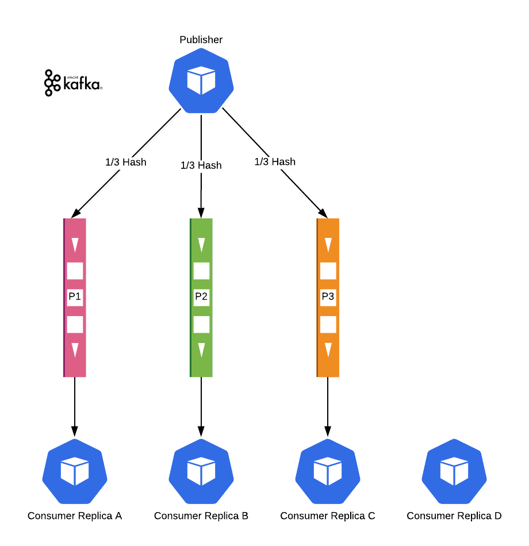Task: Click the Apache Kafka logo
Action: pos(73,83)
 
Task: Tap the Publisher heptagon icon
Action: pos(201,81)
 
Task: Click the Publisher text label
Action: pos(201,40)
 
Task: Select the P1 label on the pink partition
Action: pos(75,297)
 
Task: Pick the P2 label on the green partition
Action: pos(201,297)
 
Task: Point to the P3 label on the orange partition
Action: pos(328,297)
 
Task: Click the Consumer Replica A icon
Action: pos(75,471)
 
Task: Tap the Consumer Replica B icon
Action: pos(201,471)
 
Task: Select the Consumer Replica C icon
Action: pos(328,471)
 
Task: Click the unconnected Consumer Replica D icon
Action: pos(454,471)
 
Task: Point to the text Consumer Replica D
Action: pos(454,516)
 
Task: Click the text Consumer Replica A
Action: pos(75,516)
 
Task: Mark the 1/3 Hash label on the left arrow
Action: pos(126,162)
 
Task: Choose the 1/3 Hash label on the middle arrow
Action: pos(201,166)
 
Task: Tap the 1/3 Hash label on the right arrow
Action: pos(275,162)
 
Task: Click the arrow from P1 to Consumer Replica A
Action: pos(75,405)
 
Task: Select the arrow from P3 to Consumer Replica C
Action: pos(328,405)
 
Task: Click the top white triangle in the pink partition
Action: pos(75,245)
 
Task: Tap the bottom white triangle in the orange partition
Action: pos(328,349)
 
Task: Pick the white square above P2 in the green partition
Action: pos(201,271)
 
